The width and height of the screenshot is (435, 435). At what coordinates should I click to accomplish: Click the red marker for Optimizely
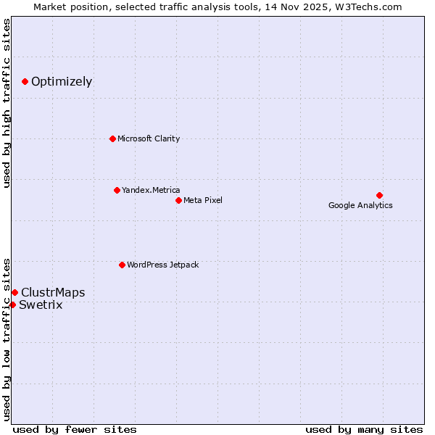pos(25,81)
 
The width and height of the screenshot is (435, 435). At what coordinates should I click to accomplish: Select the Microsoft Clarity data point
pos(112,138)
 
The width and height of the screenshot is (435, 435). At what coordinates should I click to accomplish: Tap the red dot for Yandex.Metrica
pos(117,190)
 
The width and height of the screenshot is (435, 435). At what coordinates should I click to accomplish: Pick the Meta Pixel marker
pos(178,200)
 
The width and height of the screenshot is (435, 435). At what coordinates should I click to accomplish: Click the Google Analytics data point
pos(379,195)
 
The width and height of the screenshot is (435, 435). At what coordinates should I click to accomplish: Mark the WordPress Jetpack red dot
pos(122,265)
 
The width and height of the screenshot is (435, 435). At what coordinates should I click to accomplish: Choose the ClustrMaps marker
pos(14,292)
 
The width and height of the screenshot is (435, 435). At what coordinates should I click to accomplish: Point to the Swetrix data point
pos(12,304)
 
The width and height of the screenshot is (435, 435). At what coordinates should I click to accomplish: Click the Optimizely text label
pos(62,81)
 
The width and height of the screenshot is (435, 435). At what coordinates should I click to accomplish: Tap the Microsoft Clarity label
pos(149,138)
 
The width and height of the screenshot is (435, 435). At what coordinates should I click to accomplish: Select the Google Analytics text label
pos(360,205)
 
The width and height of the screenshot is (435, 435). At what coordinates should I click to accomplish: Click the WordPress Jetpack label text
pos(162,265)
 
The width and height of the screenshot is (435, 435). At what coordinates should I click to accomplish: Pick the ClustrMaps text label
pos(53,293)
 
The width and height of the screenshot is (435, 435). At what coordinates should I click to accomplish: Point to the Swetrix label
pos(41,305)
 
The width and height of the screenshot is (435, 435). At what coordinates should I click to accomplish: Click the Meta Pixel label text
pos(203,200)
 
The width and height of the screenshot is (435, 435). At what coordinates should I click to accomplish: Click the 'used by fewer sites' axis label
pos(75,429)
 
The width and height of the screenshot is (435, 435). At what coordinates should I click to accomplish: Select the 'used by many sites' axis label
pos(364,429)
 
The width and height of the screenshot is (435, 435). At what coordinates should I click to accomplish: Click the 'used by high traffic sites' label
pos(7,103)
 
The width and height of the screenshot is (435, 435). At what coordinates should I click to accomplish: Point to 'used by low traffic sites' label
pos(7,339)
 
